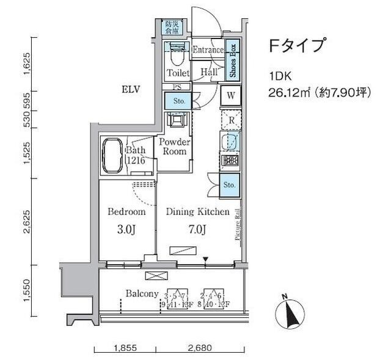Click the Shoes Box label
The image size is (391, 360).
pos(233,59)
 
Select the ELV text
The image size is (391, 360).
pos(131,90)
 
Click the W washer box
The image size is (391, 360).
pos(232,95)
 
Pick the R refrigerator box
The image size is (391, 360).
pos(232,120)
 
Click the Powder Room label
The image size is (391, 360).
pos(174,147)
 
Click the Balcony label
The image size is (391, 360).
pos(142,293)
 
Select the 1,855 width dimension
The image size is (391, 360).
pos(125,348)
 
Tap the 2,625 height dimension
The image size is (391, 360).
pos(26,222)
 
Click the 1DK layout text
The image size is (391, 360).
pos(279,76)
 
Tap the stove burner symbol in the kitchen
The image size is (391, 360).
pos(232,161)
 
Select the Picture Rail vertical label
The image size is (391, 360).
pos(237,224)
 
